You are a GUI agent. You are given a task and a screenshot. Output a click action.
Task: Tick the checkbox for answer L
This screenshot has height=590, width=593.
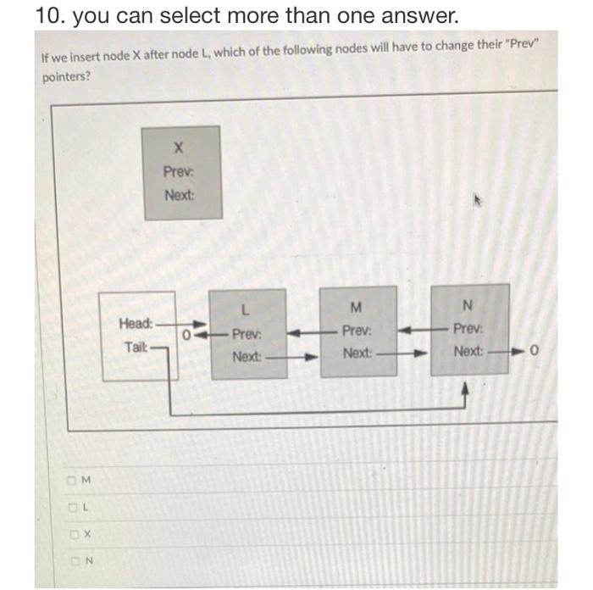tap(75, 509)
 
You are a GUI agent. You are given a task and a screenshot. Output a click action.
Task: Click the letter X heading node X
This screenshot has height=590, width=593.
tap(179, 147)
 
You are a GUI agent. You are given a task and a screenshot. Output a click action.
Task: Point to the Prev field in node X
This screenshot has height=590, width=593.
tap(179, 171)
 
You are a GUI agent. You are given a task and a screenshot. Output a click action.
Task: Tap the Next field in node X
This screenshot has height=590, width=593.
tap(179, 195)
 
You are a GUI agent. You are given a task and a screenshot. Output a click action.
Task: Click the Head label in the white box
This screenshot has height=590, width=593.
tap(136, 323)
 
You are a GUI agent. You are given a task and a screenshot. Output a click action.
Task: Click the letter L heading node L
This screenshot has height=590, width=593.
tap(246, 309)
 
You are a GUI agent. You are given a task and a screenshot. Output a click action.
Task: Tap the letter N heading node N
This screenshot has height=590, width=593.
tap(468, 305)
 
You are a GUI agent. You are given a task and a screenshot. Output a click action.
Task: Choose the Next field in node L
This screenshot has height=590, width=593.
tap(246, 357)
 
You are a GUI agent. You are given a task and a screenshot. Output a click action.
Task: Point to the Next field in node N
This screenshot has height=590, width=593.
tap(468, 351)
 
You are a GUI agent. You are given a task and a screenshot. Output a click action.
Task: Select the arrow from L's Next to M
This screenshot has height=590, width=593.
tap(291, 357)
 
